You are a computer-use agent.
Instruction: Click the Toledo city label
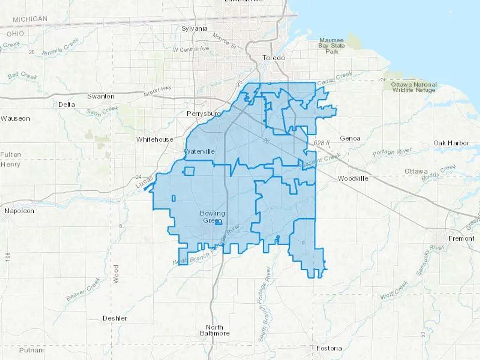274,58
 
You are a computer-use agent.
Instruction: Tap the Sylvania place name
194,29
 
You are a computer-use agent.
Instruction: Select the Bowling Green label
213,217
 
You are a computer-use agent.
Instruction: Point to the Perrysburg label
204,114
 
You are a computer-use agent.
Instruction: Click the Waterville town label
200,151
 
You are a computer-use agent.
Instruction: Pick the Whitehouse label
155,139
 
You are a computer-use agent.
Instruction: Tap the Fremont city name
461,238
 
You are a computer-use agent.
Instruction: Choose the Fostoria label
329,348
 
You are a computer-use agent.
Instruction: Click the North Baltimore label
215,330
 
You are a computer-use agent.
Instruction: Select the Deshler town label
115,318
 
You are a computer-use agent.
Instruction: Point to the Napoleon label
19,211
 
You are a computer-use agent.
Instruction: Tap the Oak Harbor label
451,143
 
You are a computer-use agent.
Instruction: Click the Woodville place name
353,178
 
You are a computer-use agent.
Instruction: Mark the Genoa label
350,138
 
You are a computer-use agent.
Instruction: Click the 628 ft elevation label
321,143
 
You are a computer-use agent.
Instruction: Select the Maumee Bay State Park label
331,46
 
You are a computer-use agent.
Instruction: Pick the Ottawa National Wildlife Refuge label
414,87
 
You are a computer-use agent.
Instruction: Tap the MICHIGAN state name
30,19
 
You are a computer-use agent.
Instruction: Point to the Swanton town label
101,96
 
